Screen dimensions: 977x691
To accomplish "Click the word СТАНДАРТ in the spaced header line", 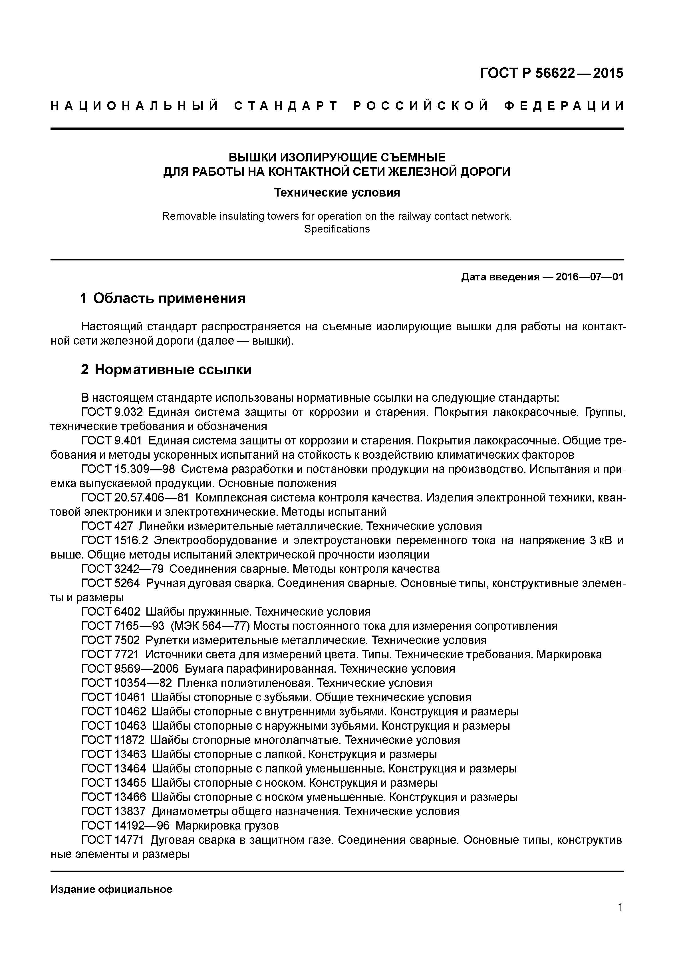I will pos(286,106).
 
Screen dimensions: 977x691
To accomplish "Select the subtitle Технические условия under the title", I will pos(337,193).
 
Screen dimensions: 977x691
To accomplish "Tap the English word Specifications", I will pos(337,229).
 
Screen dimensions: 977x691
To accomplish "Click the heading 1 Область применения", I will pos(163,298).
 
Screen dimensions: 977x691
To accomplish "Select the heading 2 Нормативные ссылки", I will pos(166,369).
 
